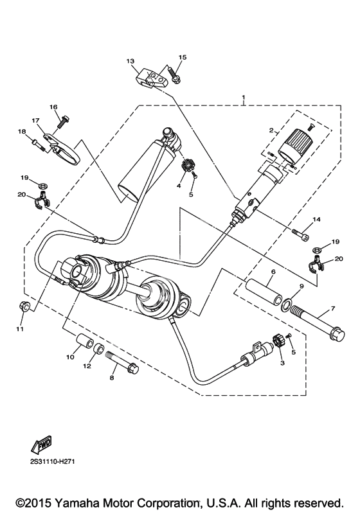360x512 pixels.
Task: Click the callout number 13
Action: click(130, 61)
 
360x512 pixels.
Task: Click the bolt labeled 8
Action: click(122, 362)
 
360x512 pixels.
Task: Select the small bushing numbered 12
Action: click(99, 349)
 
